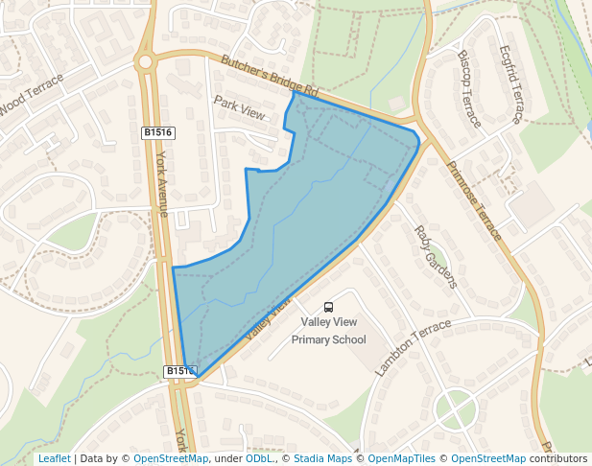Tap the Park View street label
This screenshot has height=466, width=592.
point(239,106)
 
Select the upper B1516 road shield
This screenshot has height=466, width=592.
point(156,132)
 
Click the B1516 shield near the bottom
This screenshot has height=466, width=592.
point(178,370)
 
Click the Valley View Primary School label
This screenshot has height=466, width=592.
point(328,331)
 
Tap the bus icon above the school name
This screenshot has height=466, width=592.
point(329,307)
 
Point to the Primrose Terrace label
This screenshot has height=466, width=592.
point(474,200)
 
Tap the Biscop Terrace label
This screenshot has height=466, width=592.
point(468,89)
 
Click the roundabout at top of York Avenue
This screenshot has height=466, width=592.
point(146,62)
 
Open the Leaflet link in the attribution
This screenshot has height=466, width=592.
point(54,458)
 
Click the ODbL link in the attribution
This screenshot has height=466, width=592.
point(259,458)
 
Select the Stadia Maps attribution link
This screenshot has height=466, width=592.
point(322,458)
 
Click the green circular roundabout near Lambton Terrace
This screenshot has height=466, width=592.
point(456,410)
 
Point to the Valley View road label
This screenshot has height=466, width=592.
point(268,318)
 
